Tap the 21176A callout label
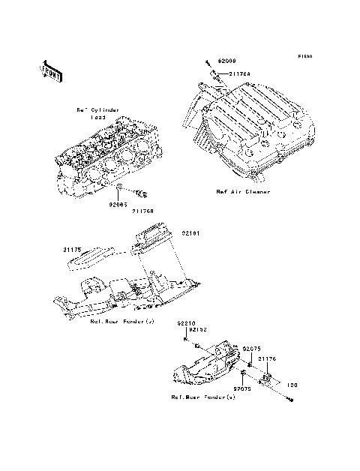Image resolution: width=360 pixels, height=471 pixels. pos(241,74)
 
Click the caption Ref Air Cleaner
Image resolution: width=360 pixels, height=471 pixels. pos(243,192)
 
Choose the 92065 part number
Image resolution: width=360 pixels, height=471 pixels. pos(118,203)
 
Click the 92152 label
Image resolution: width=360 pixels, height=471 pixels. pos(197,329)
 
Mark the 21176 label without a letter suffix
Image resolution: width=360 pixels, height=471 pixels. pos(268,358)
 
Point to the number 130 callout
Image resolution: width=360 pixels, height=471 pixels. pos(292,383)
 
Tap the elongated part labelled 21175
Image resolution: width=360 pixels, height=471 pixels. pos(90,258)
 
